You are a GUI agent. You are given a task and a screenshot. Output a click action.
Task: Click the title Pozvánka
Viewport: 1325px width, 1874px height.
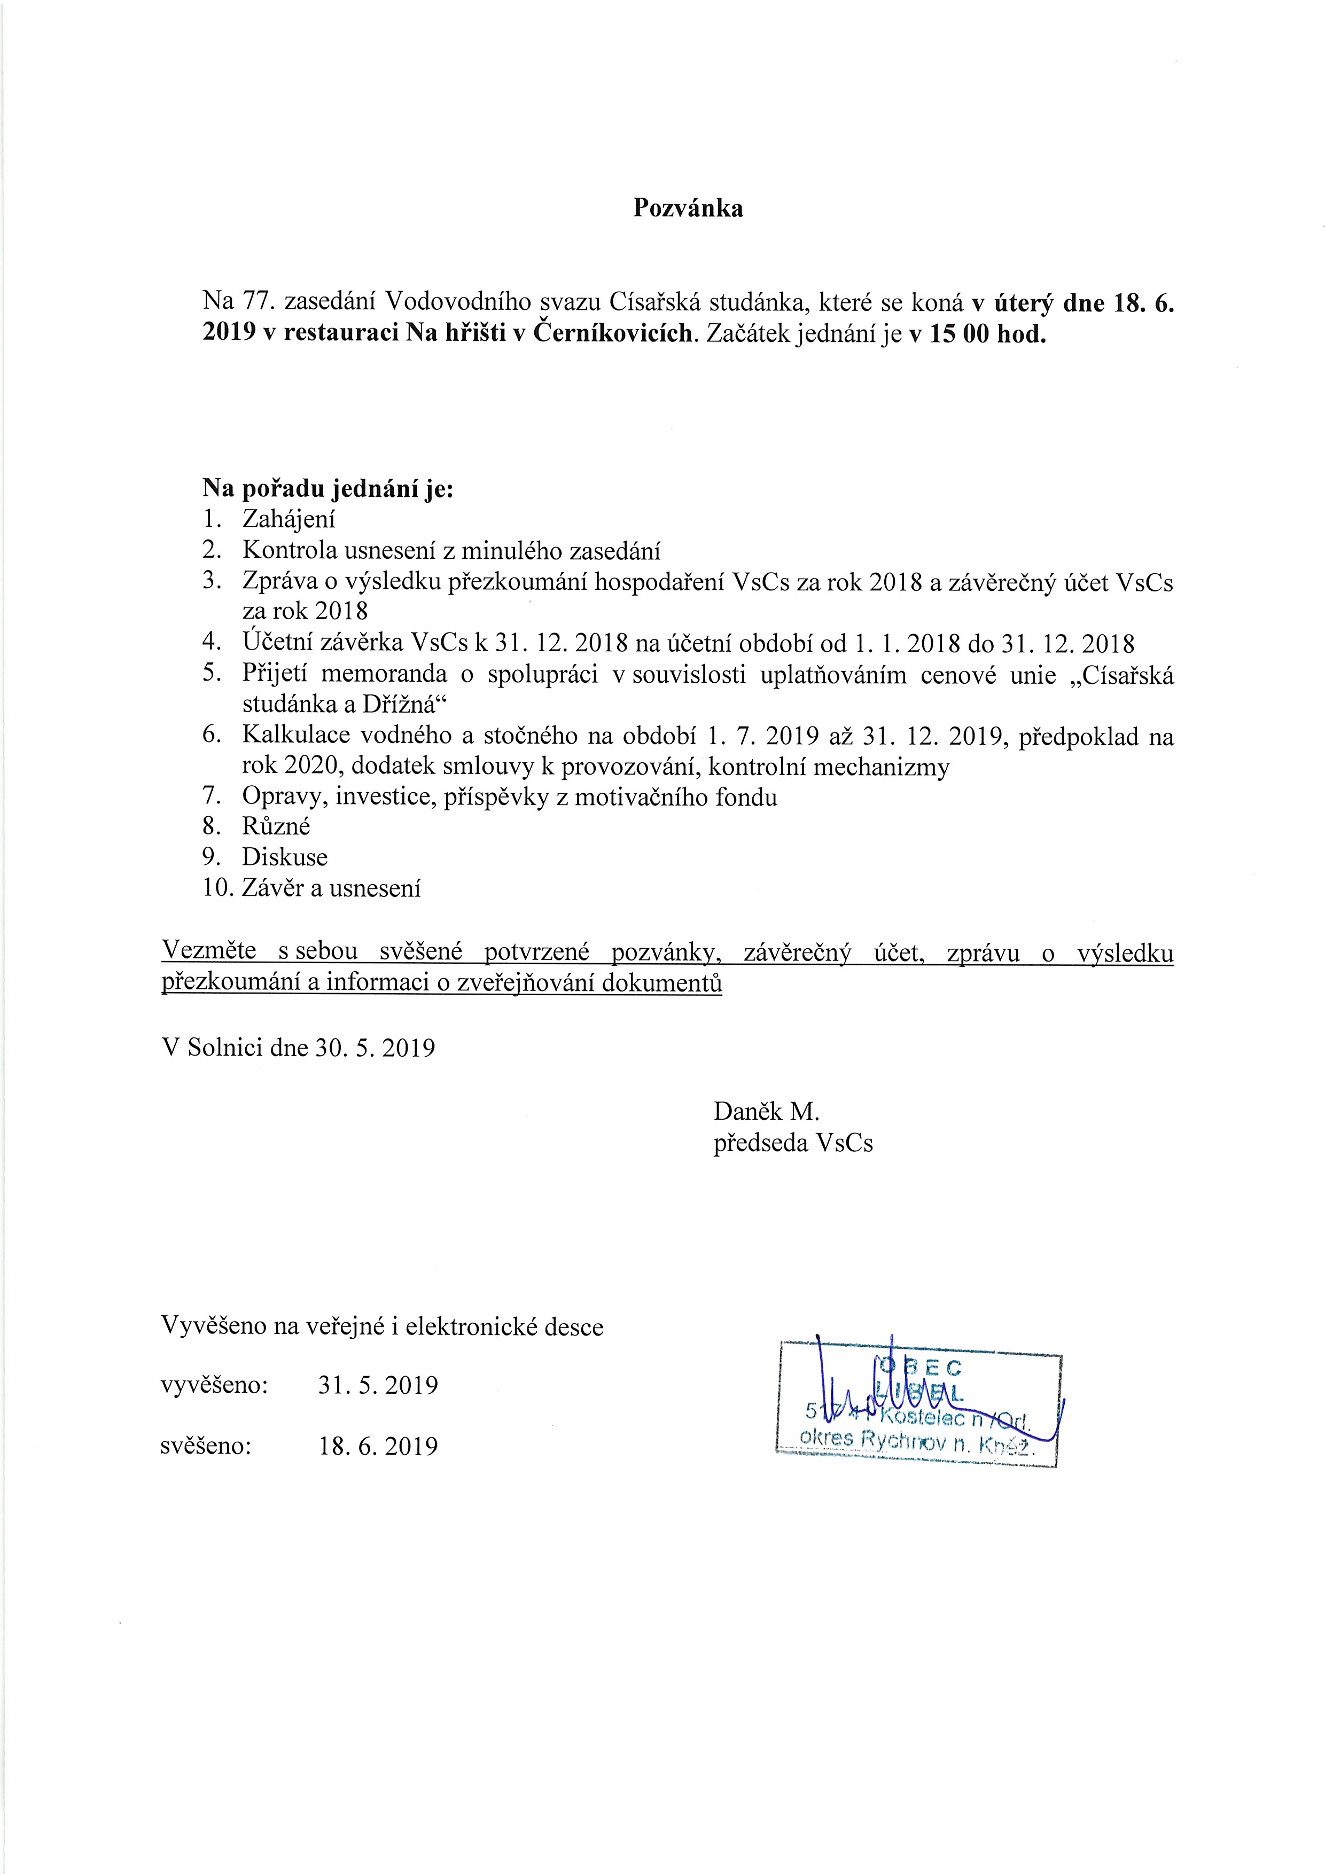point(688,208)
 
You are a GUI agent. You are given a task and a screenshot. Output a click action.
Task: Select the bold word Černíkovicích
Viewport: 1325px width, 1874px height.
point(611,334)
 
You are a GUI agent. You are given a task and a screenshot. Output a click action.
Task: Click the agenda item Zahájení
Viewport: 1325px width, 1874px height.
point(289,520)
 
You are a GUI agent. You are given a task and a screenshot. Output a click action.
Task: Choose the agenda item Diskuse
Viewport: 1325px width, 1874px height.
point(285,857)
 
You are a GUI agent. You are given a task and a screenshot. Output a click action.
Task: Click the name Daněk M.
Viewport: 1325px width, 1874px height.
point(766,1111)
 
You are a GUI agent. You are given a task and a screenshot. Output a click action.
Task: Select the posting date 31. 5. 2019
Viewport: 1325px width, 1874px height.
point(378,1385)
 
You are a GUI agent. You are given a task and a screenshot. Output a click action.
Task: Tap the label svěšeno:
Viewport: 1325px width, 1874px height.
point(207,1446)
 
